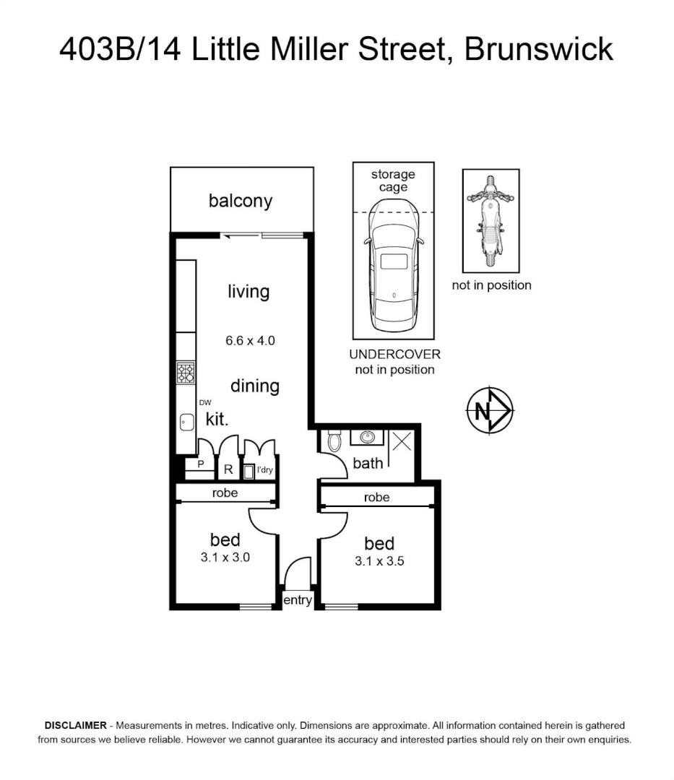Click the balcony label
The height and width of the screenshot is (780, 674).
pos(241,201)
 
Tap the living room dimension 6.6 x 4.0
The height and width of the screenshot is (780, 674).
pos(250,341)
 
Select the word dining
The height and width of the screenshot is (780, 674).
pos(255,386)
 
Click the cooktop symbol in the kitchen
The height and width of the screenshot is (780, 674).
pos(186,373)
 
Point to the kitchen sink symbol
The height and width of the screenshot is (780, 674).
pos(187,422)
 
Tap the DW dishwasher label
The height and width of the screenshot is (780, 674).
pos(205,402)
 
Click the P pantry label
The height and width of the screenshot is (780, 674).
pos(201,464)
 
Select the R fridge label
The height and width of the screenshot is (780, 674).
pos(228,469)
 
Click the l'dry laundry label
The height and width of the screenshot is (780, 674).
pos(264,469)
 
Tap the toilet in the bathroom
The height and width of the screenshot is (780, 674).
pos(334,441)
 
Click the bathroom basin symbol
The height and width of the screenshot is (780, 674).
pos(368,437)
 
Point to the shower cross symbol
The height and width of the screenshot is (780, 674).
pos(402,441)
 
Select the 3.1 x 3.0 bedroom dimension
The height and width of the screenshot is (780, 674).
pos(225,558)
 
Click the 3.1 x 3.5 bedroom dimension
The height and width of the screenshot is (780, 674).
pos(379,562)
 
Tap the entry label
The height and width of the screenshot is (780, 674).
pos(298,600)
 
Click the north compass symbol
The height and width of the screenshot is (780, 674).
pos(490,411)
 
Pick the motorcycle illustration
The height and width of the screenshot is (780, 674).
pos(491,221)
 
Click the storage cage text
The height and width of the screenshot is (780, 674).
pos(393,181)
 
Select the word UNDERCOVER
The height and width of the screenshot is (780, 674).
pos(395,355)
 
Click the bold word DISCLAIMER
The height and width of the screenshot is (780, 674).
pos(76,725)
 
